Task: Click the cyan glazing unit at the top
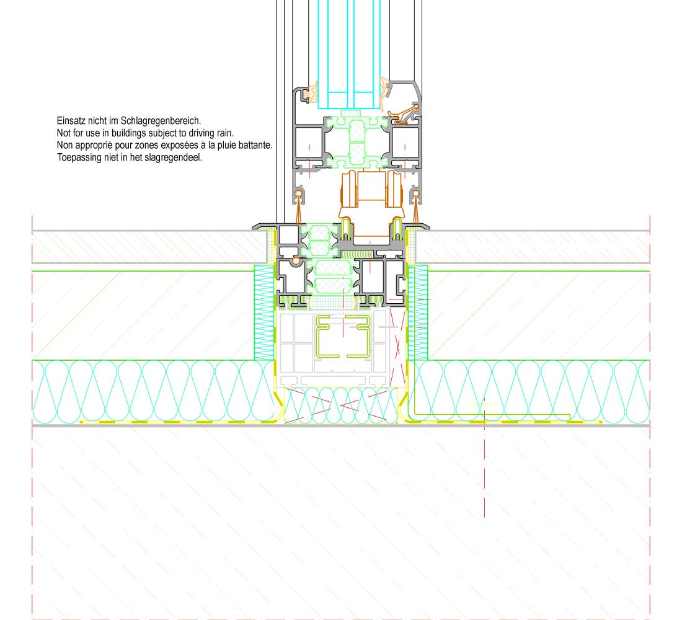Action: tap(349, 55)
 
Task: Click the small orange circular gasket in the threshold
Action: tap(296, 261)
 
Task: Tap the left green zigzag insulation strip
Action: tap(265, 312)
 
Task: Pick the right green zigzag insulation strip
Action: tap(418, 312)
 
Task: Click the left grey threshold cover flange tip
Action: tap(254, 227)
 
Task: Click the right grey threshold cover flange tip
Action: tap(428, 227)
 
